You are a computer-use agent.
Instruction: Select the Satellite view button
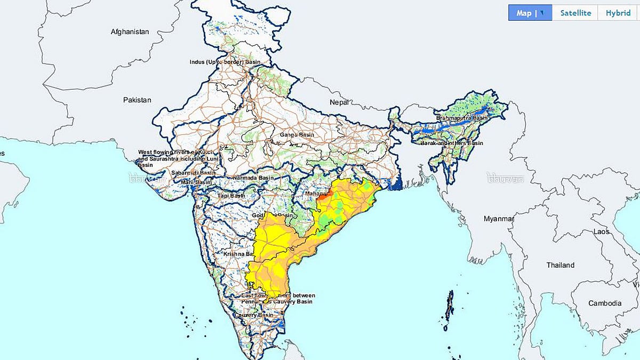(575, 13)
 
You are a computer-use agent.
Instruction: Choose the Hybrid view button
(618, 13)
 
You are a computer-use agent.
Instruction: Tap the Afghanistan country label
(130, 32)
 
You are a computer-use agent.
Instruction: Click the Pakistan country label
(137, 100)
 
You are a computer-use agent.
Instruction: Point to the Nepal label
(339, 102)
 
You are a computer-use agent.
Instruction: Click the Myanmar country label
(498, 219)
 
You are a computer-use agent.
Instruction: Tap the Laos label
(601, 232)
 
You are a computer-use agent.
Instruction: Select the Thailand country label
(561, 265)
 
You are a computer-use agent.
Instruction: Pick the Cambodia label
(605, 303)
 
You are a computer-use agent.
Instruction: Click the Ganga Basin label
(297, 135)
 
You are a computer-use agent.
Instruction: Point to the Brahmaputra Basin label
(462, 118)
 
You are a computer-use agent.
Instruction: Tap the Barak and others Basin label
(451, 143)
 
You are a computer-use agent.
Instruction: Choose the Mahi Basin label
(196, 182)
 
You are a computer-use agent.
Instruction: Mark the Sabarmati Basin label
(193, 173)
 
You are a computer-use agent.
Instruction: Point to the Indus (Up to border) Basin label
(225, 62)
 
